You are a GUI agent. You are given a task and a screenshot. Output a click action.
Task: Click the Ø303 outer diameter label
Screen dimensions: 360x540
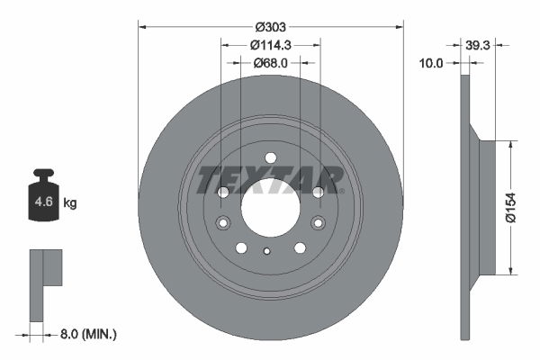[270, 28]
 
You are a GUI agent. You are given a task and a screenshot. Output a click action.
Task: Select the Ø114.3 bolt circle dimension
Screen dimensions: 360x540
[270, 45]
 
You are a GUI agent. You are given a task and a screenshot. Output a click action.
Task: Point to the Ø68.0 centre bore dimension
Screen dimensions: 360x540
[270, 62]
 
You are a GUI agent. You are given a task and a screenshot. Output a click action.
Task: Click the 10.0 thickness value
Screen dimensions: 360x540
[434, 62]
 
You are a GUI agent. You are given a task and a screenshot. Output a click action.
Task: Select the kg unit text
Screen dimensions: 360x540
[70, 203]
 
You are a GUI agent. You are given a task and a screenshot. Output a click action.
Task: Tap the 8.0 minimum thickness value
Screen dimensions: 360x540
[67, 334]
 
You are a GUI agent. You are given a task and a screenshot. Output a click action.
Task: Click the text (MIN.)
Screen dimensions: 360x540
[99, 334]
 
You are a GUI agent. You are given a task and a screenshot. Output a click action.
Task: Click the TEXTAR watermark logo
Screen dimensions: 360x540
[270, 179]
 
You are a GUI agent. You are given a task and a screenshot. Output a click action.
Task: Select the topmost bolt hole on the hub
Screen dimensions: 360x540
[270, 157]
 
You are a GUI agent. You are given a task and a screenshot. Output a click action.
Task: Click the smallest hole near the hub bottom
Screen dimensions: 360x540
[266, 251]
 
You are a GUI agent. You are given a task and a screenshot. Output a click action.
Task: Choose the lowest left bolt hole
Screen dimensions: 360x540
[241, 247]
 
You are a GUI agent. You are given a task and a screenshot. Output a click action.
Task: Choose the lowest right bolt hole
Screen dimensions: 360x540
[300, 247]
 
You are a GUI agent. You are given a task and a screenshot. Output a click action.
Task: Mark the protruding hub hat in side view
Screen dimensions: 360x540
[486, 207]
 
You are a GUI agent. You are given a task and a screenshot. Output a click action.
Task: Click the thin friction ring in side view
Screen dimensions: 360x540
[464, 207]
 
